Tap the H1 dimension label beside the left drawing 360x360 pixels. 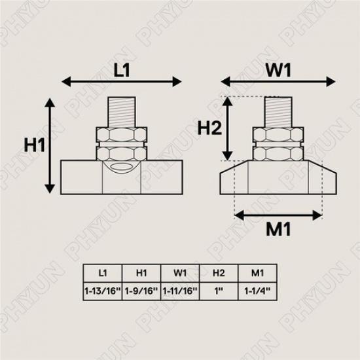click(x=32, y=145)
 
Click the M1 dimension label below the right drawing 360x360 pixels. click(x=278, y=230)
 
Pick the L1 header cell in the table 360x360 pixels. click(x=101, y=272)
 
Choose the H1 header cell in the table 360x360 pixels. click(x=141, y=272)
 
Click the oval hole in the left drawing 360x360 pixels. click(x=120, y=169)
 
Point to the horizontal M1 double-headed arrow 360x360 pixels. click(x=278, y=214)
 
